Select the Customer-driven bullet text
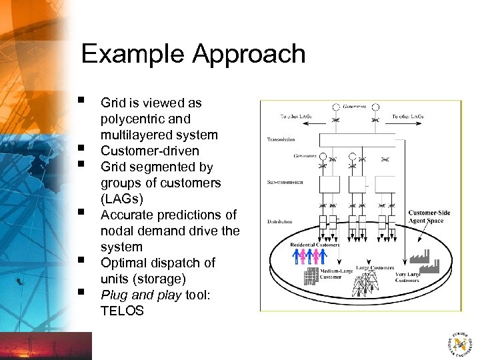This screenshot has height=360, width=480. pyautogui.click(x=149, y=151)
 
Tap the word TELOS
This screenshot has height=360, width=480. pyautogui.click(x=122, y=311)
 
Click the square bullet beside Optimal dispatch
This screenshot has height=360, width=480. pyautogui.click(x=80, y=259)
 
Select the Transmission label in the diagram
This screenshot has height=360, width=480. pyautogui.click(x=281, y=140)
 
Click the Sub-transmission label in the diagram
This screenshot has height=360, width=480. pyautogui.click(x=285, y=181)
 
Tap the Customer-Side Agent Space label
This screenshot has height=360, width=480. pyautogui.click(x=429, y=217)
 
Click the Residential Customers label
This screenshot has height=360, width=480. pyautogui.click(x=315, y=245)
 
